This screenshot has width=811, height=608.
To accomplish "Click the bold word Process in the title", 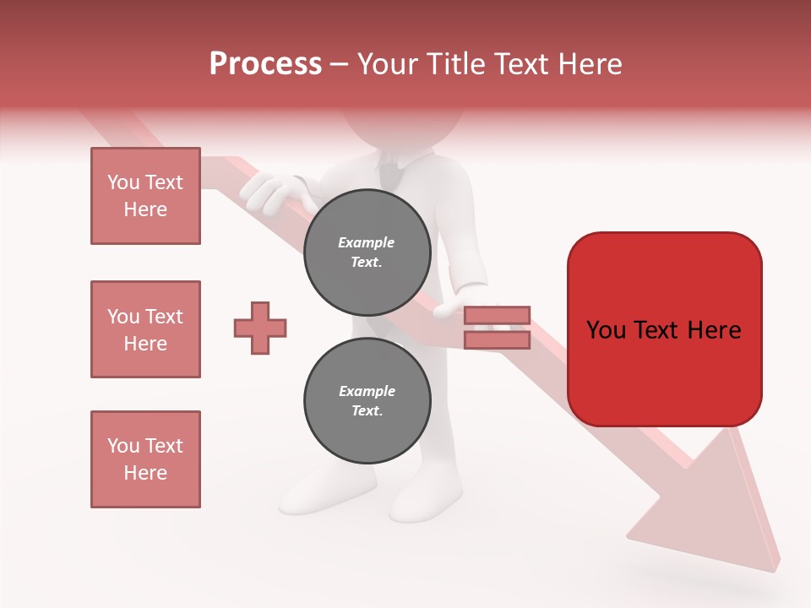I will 265,64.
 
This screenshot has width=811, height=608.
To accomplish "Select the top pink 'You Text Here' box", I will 145,196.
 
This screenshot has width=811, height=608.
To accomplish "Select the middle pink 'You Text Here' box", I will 145,329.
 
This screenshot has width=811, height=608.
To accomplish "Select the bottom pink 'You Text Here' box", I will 145,459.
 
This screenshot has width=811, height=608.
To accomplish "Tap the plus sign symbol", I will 260,328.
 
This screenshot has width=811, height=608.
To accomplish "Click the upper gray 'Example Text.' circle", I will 367,252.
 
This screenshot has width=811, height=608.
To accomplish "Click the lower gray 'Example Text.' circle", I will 367,401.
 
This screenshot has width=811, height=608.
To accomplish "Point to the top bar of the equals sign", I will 498,315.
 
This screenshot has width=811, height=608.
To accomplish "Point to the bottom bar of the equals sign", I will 498,340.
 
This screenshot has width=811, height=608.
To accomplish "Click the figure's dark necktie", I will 390,172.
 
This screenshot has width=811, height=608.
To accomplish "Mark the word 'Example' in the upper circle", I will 367,242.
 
